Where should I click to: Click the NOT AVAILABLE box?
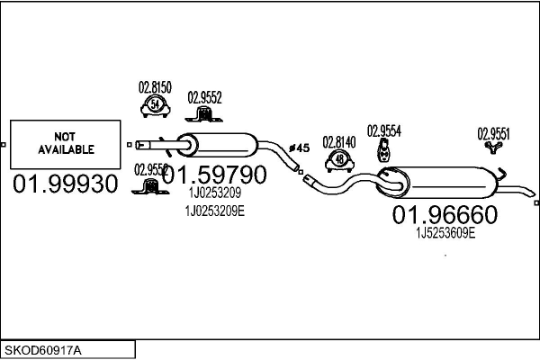coord(66,142)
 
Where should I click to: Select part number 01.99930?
coord(66,184)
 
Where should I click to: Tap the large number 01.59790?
coord(214,174)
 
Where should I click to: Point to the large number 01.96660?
coord(444,214)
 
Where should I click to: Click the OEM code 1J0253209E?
coord(215,210)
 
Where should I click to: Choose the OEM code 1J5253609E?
coord(445,232)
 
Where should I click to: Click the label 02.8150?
coord(155,88)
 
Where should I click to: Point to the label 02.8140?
coord(339,141)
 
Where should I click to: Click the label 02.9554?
coord(384,130)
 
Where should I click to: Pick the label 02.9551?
coord(493,134)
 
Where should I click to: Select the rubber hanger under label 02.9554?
coord(385,151)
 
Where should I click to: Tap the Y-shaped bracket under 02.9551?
coord(492,149)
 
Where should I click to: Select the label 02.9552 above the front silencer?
coord(204,97)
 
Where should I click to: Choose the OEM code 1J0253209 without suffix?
coord(214,192)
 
